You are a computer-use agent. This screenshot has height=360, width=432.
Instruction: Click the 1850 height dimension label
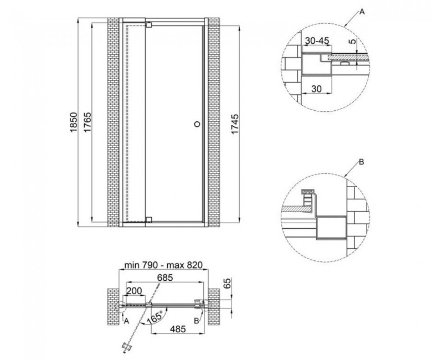[x=73, y=122]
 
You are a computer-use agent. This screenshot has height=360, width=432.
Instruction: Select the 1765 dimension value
[x=88, y=122]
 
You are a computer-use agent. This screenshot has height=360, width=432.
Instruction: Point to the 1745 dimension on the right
[x=234, y=124]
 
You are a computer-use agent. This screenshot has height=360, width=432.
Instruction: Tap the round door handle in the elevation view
[x=197, y=124]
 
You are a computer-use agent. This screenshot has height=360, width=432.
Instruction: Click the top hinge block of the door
[x=149, y=24]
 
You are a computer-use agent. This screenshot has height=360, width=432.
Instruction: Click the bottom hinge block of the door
[x=149, y=219]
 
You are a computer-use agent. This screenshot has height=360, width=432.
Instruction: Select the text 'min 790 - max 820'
[x=163, y=265]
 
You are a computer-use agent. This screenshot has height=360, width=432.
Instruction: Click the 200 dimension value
[x=134, y=291]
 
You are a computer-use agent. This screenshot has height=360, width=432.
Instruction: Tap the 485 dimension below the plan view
[x=178, y=328]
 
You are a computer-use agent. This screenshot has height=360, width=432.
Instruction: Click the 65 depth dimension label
[x=227, y=284]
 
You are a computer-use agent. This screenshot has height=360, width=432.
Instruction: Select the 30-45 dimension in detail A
[x=317, y=41]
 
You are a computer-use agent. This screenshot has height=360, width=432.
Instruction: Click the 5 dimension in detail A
[x=352, y=42]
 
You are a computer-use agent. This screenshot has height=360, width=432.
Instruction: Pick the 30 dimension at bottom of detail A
[x=317, y=89]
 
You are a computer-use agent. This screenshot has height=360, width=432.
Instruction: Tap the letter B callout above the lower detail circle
[x=362, y=162]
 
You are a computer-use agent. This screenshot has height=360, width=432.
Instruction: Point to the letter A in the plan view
[x=126, y=321]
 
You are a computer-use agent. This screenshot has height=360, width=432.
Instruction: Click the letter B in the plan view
[x=197, y=321]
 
